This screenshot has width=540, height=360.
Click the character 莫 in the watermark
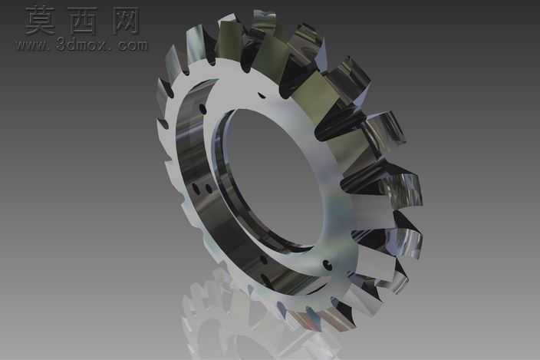(40, 20)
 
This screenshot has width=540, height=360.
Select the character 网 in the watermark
(126, 21)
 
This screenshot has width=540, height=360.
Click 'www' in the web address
(31, 45)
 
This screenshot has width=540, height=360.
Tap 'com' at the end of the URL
(133, 45)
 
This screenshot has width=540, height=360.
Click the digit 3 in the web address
(61, 45)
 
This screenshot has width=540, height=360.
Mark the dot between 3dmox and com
(113, 49)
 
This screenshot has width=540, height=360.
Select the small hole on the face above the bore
(262, 95)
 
